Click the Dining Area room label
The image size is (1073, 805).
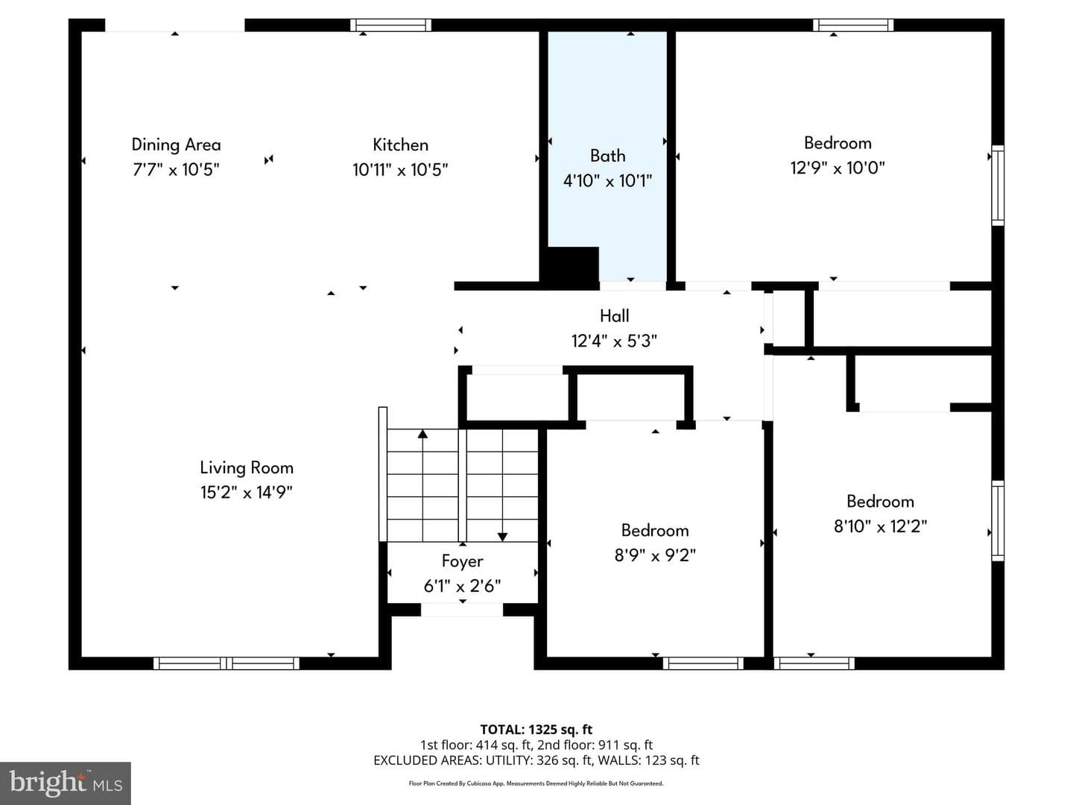[176, 145]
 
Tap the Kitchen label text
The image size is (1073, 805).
[400, 145]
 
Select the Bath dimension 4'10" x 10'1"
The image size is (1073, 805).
[607, 181]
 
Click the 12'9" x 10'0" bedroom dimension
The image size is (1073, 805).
[838, 168]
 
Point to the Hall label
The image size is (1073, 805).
[615, 316]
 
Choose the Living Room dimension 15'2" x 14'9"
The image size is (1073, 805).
[247, 492]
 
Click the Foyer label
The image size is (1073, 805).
[462, 561]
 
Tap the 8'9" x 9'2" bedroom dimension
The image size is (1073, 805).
[655, 555]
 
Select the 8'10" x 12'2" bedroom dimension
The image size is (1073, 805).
[880, 526]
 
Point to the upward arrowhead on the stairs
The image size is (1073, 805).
[422, 434]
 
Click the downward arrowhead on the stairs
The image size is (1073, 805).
[502, 537]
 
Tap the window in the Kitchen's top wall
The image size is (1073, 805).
[390, 25]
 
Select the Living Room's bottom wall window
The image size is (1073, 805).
[227, 663]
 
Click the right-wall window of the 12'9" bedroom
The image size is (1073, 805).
[998, 186]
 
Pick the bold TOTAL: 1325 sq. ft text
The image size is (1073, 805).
[536, 729]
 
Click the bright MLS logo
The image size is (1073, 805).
[66, 783]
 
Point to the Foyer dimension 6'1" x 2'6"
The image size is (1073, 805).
[462, 586]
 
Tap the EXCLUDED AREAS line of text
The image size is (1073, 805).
[536, 760]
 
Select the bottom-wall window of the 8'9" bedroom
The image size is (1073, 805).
[703, 663]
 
